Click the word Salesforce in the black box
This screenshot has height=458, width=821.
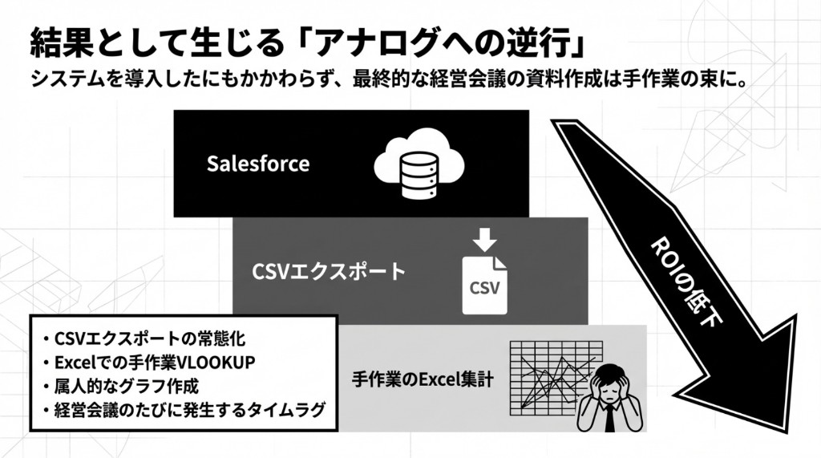pyautogui.click(x=257, y=164)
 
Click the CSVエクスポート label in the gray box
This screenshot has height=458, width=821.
pyautogui.click(x=329, y=271)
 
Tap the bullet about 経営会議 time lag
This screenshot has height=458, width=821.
pyautogui.click(x=184, y=411)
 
